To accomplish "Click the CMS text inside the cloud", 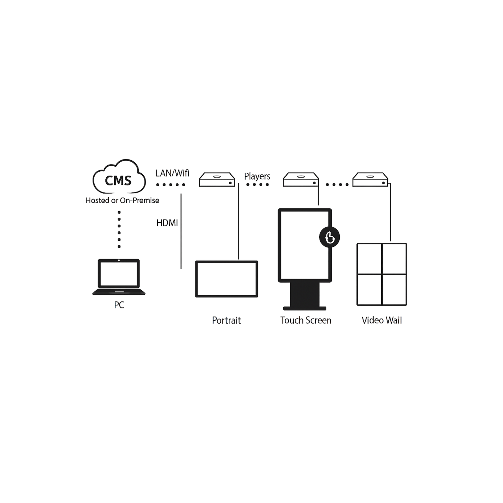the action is [118, 180].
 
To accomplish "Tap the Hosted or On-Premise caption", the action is [122, 201].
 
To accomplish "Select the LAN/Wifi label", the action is [172, 173].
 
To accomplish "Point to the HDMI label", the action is [167, 223].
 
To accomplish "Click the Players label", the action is [257, 176].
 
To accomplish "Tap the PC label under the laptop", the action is [119, 305].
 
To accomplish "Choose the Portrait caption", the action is [226, 321].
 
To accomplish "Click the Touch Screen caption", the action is [306, 321].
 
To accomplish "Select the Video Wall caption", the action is [382, 321].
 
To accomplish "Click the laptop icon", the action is [119, 277].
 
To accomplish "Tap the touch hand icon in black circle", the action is [330, 237].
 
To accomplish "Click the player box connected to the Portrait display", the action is [217, 180].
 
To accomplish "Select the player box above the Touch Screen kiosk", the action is [301, 180].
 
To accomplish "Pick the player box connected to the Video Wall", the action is [370, 180].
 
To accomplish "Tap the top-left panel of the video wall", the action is [370, 259].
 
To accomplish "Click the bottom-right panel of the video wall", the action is [394, 290].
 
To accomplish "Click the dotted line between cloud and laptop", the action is [119, 229].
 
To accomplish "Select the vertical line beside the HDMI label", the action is [181, 231].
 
